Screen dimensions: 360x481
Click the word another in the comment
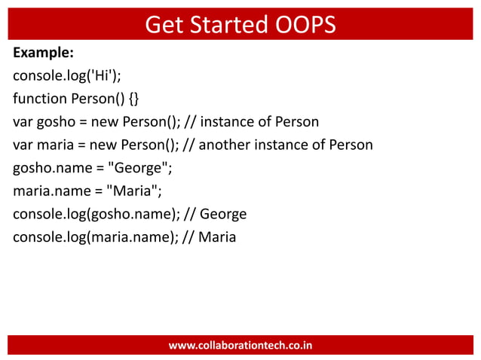242,145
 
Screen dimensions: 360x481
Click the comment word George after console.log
222,215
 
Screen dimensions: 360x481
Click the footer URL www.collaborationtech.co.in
240,346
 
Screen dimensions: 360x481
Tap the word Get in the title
164,25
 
